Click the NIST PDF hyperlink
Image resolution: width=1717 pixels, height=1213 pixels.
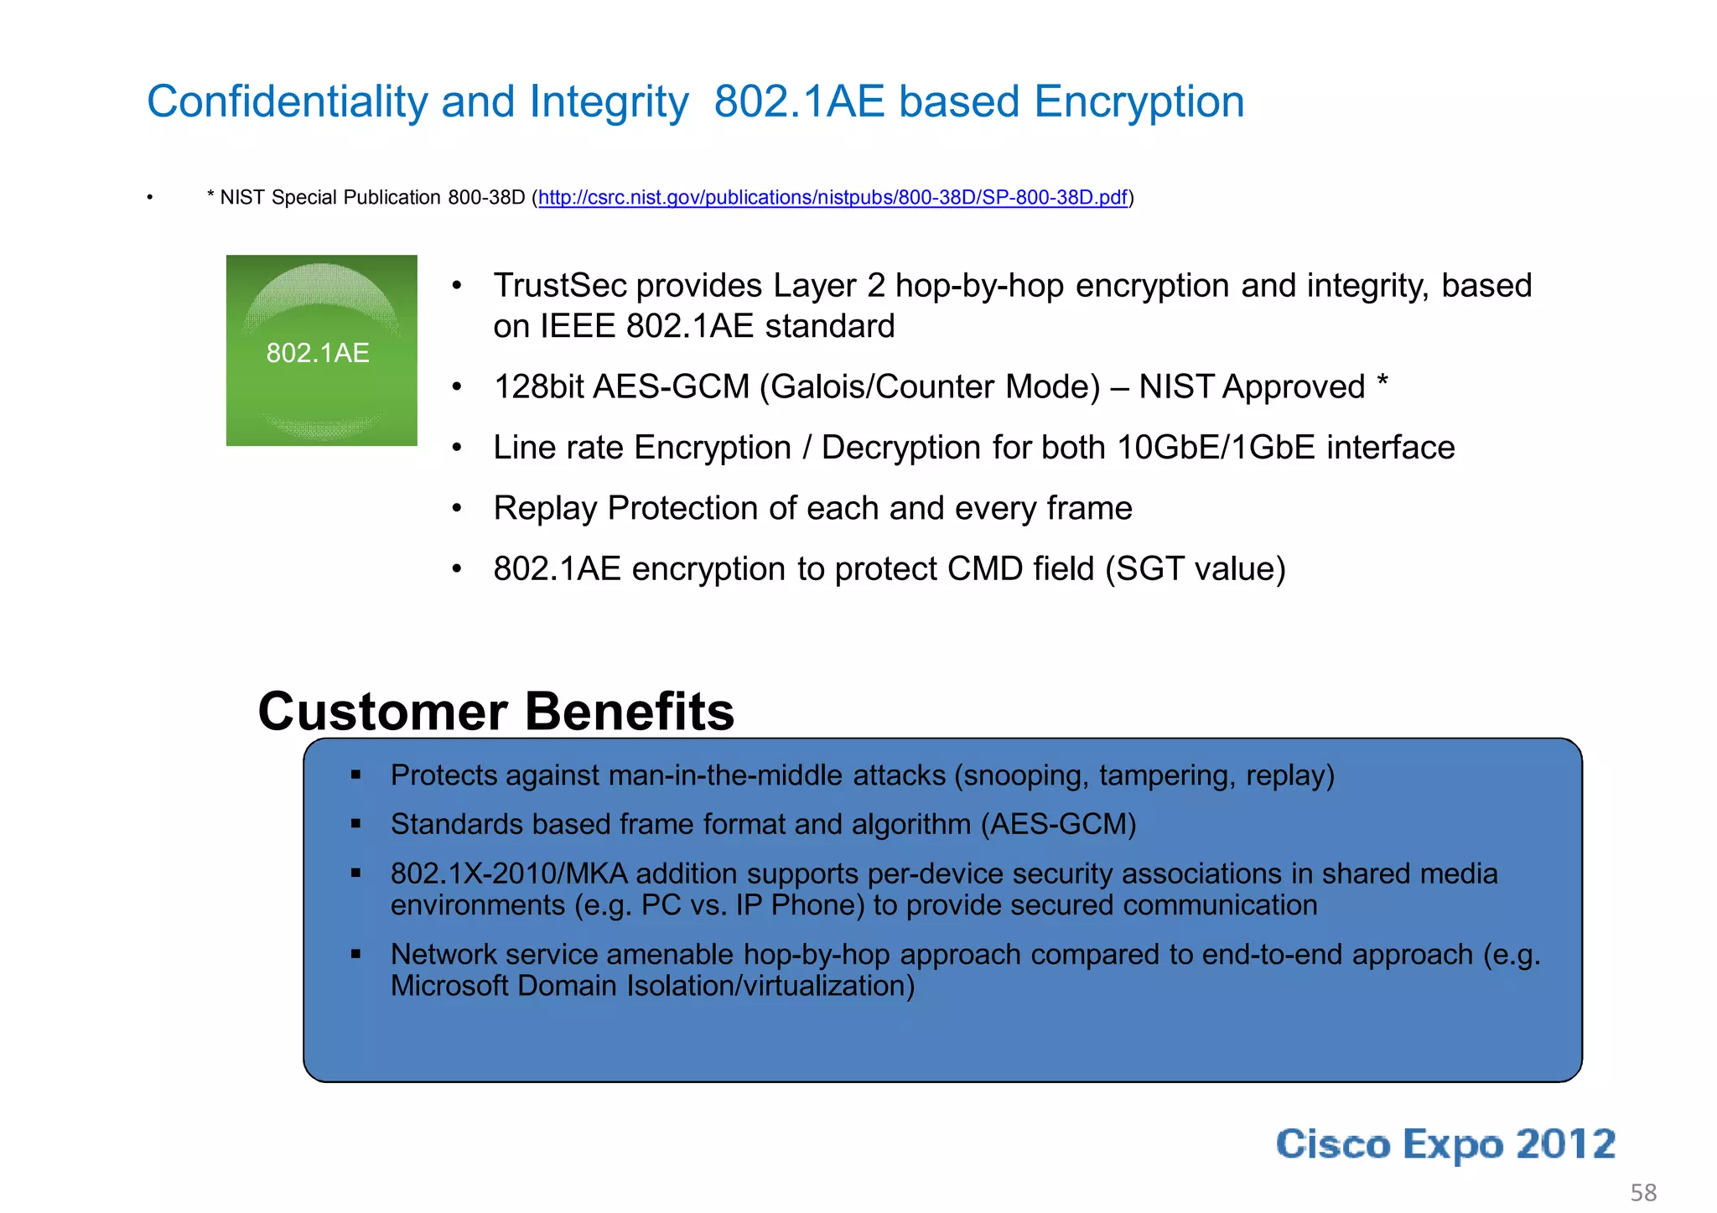[x=833, y=198]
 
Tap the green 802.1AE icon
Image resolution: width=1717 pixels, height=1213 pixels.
[x=321, y=350]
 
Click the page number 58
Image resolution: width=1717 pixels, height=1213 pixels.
[x=1642, y=1192]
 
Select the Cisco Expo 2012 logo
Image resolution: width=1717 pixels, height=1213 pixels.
[x=1445, y=1144]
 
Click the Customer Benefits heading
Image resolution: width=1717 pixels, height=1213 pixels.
[x=495, y=712]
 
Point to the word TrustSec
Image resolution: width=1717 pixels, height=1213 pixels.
[x=559, y=286]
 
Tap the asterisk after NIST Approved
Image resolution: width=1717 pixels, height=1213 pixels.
[x=1382, y=384]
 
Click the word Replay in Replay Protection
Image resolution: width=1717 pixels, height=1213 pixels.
[x=545, y=509]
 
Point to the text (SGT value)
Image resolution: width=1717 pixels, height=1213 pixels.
[x=1195, y=569]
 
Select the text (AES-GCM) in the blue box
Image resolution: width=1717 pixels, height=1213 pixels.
[x=1058, y=825]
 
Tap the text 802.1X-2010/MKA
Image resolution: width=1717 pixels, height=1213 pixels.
[x=509, y=873]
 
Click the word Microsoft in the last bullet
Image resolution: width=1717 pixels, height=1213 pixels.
[x=449, y=986]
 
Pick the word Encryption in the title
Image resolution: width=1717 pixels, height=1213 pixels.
[x=1138, y=102]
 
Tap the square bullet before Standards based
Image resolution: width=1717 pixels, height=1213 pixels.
[x=355, y=825]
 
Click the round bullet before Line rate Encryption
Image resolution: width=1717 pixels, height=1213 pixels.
[x=457, y=448]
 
